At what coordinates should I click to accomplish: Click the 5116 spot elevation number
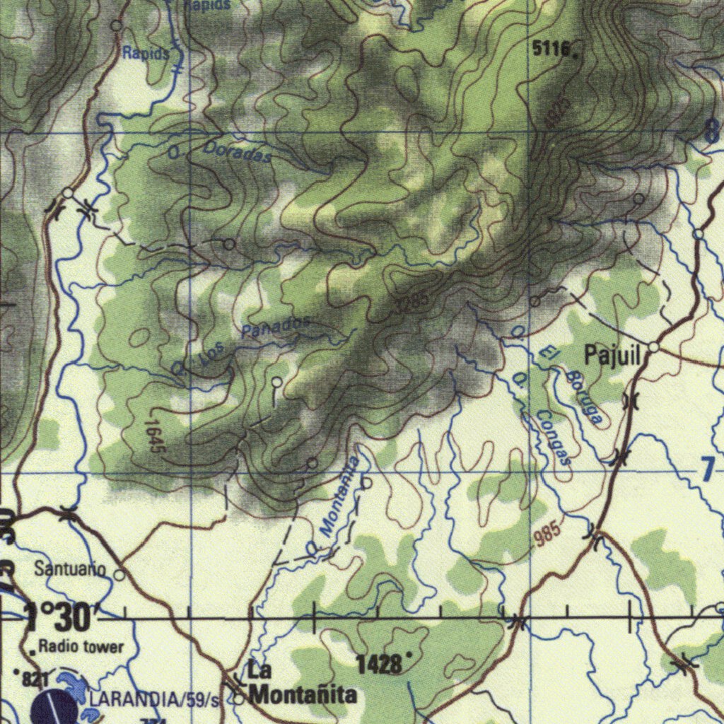550,48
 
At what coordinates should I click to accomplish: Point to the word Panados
275,326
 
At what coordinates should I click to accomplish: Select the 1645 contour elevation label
155,437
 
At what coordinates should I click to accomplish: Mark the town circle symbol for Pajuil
654,347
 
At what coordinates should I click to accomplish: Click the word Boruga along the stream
584,396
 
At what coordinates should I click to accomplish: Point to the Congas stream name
552,438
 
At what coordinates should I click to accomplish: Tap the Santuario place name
70,568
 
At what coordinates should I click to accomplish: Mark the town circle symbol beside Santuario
119,575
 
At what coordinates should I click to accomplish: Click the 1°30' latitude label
58,618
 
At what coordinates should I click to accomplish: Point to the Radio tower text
81,646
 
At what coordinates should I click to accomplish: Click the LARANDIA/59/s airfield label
154,700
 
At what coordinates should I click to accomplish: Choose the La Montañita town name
303,684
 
